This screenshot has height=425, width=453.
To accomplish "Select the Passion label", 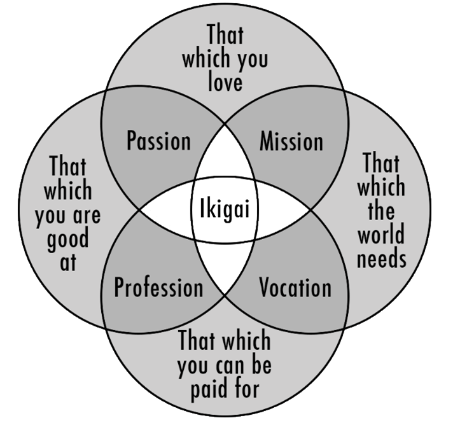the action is [x=158, y=141].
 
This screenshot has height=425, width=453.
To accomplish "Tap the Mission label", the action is [x=291, y=141].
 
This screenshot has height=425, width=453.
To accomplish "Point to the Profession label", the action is [x=158, y=287].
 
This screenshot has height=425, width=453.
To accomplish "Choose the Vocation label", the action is [x=295, y=287].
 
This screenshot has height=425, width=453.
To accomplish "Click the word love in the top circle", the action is [x=225, y=81].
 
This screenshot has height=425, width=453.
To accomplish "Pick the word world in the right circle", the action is [x=380, y=235].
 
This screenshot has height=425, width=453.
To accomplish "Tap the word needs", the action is [x=380, y=258].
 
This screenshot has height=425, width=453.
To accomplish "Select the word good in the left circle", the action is [x=68, y=239].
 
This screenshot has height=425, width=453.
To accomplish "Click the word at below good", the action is [x=68, y=262].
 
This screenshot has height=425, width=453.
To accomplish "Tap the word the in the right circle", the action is [x=380, y=211].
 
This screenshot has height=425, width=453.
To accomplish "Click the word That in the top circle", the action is [x=225, y=36].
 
